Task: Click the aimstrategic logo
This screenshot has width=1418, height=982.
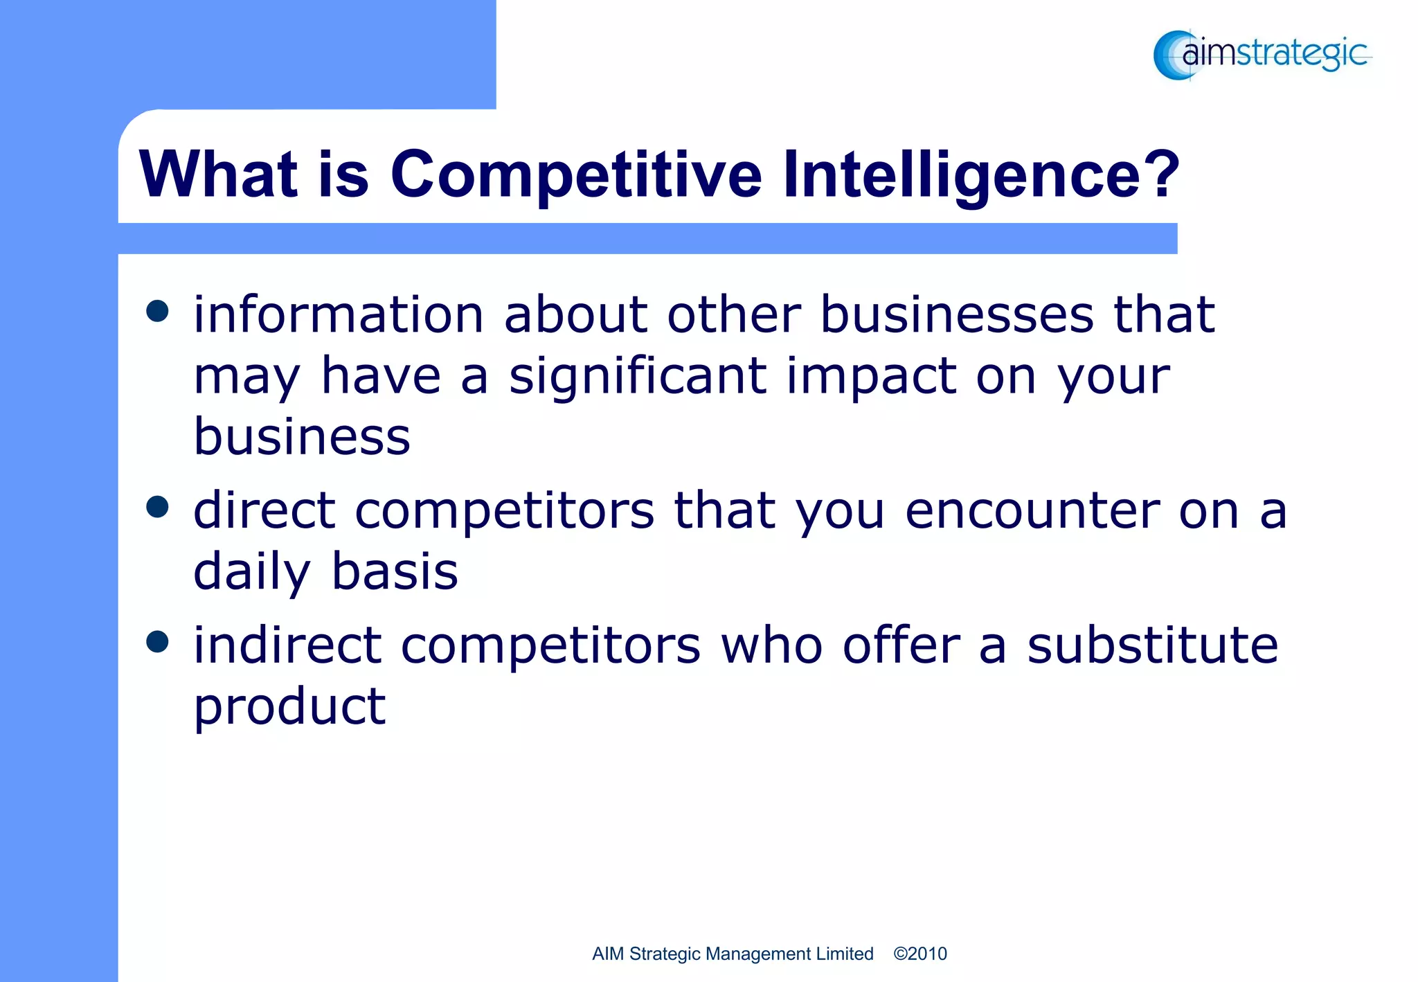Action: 1262,54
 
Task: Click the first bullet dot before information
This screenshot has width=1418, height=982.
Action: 158,311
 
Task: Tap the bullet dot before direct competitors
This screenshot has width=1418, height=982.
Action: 158,507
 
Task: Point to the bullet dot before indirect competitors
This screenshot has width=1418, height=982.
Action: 158,641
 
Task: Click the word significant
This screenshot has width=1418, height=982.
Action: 637,377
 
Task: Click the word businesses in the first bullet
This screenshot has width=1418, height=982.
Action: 957,315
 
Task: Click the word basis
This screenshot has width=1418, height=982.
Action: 395,573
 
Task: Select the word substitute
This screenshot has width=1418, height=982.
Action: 1152,645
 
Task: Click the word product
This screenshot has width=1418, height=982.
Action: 289,708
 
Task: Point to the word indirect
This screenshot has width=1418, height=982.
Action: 287,645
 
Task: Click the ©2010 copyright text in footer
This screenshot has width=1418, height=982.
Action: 919,954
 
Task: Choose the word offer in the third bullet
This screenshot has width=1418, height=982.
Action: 901,645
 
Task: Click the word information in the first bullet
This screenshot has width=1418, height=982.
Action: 338,315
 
